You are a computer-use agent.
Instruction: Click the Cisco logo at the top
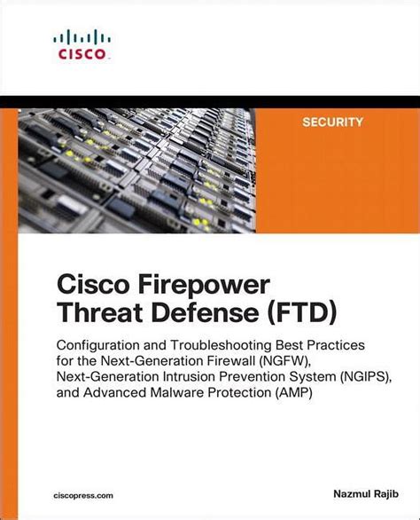pos(82,45)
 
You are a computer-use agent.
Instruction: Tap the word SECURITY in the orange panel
pos(332,122)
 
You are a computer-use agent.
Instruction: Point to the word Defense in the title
pos(206,312)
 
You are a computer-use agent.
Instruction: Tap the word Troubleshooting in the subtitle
pos(222,345)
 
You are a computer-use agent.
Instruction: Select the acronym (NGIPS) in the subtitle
pos(365,377)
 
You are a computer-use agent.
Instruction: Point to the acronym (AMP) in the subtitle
pos(293,392)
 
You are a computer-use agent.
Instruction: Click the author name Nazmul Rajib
pos(366,493)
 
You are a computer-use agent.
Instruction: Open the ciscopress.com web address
pos(83,496)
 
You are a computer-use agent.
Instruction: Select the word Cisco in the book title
pos(93,285)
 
